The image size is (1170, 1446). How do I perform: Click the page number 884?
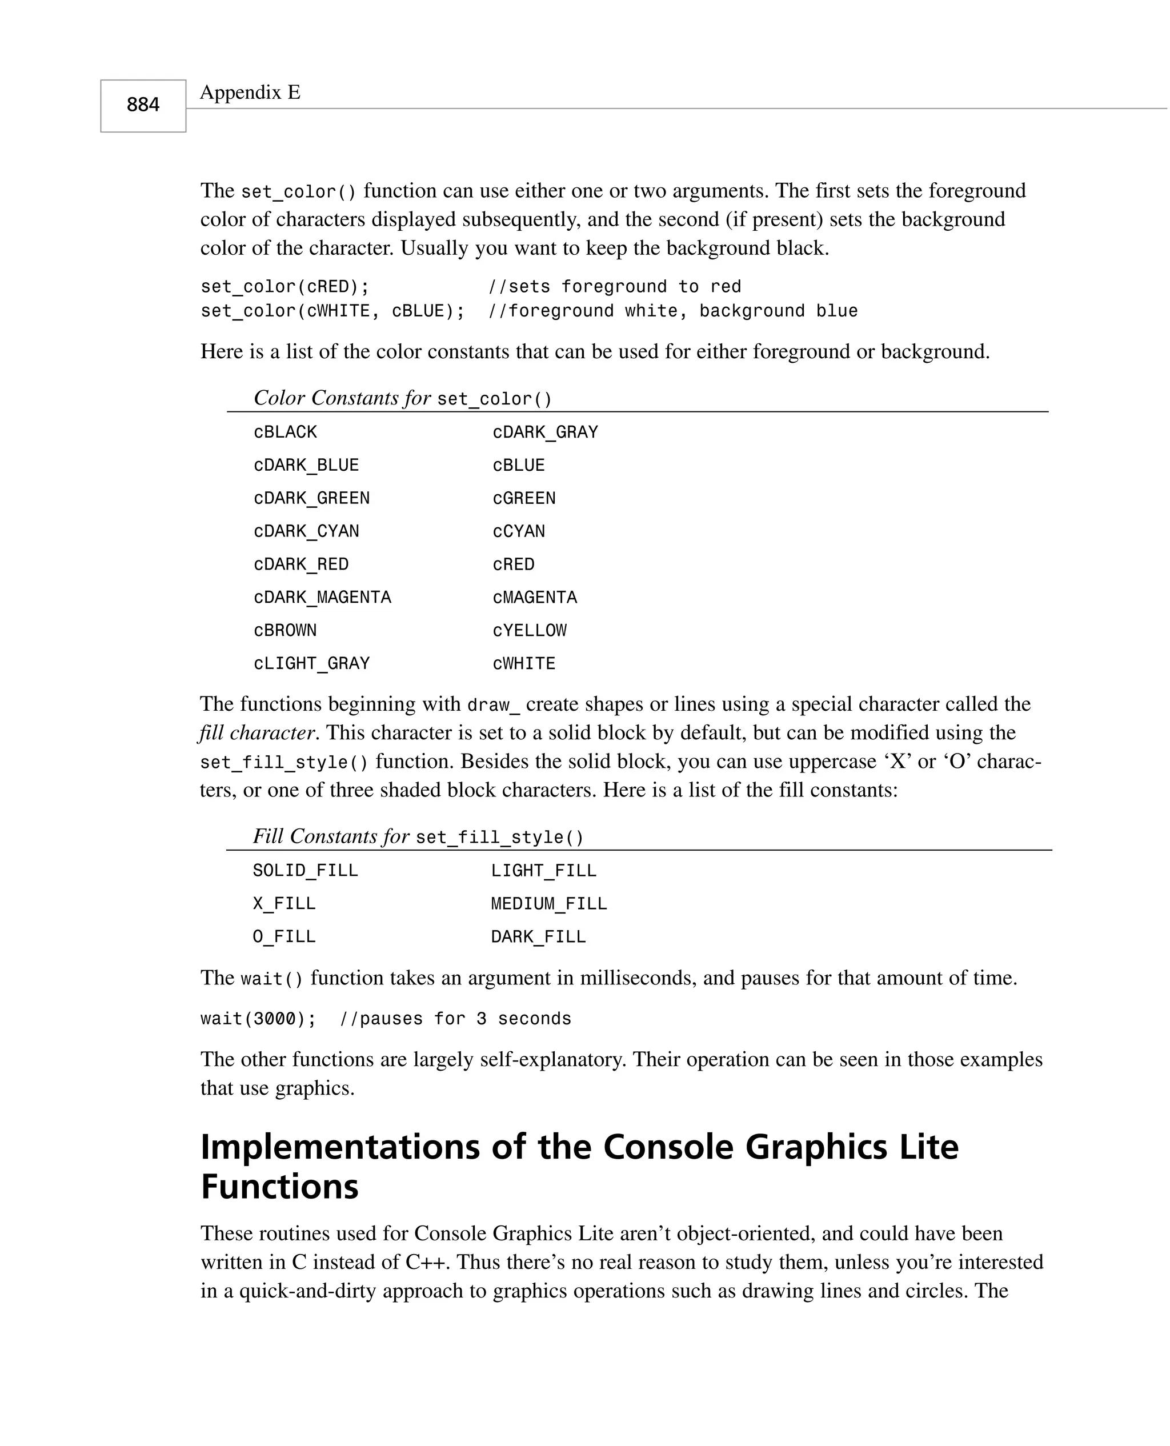[143, 105]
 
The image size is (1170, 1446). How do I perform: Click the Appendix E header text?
[250, 93]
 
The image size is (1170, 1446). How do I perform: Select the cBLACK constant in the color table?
[285, 432]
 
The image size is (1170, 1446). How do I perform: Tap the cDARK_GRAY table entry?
[545, 432]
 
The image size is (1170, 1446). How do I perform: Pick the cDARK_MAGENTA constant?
[322, 598]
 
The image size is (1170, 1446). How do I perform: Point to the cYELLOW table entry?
[529, 631]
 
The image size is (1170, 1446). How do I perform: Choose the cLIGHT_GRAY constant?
[311, 664]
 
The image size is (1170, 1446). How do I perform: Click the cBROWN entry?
[285, 631]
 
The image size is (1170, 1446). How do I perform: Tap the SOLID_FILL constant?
[305, 871]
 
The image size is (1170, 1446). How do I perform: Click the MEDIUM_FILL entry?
[548, 904]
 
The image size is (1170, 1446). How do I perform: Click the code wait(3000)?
[258, 1019]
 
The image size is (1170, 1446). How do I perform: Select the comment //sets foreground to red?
[614, 287]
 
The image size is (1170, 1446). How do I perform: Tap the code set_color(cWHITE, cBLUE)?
[332, 311]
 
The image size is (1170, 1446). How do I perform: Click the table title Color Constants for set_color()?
[402, 398]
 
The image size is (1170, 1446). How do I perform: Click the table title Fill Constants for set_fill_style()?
[418, 837]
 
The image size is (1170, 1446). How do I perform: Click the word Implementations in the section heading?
[340, 1147]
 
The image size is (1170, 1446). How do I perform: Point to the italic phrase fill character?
[257, 733]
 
